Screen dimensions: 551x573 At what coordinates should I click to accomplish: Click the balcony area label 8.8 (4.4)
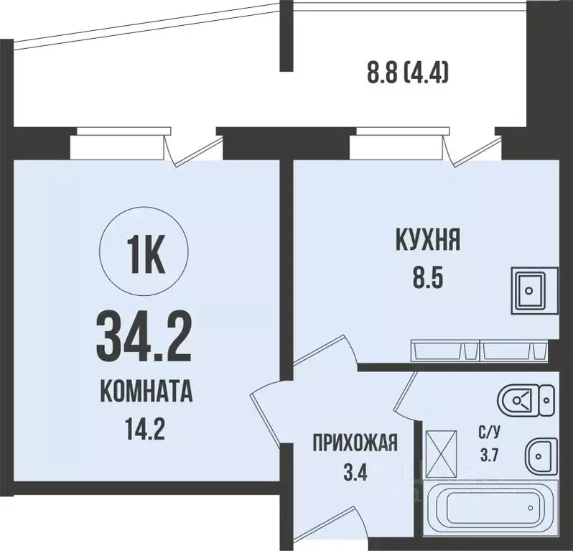tap(407, 72)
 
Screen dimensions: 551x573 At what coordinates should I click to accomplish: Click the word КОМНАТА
tap(145, 394)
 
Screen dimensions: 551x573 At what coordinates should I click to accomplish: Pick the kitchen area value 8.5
tap(427, 276)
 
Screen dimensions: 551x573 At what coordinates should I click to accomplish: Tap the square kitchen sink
tap(533, 290)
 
